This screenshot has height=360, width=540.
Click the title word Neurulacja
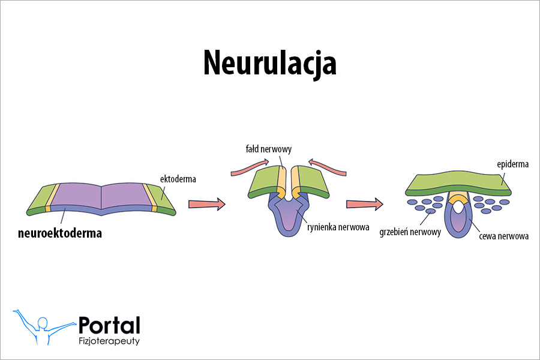pyautogui.click(x=269, y=62)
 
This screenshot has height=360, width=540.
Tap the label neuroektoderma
pyautogui.click(x=59, y=233)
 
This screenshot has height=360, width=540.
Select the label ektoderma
pyautogui.click(x=178, y=179)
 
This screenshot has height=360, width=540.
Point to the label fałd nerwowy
pyautogui.click(x=268, y=149)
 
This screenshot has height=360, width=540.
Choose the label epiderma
pyautogui.click(x=512, y=164)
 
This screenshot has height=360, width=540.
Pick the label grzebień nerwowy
pyautogui.click(x=410, y=232)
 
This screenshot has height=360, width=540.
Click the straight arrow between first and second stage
pyautogui.click(x=206, y=204)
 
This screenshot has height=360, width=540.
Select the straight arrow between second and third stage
pyautogui.click(x=364, y=204)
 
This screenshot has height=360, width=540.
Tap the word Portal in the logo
pyautogui.click(x=109, y=326)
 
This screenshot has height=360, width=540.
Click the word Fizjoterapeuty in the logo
pyautogui.click(x=110, y=341)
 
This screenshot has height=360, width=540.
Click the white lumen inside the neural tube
pyautogui.click(x=457, y=207)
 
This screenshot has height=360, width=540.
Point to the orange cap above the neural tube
pyautogui.click(x=458, y=198)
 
